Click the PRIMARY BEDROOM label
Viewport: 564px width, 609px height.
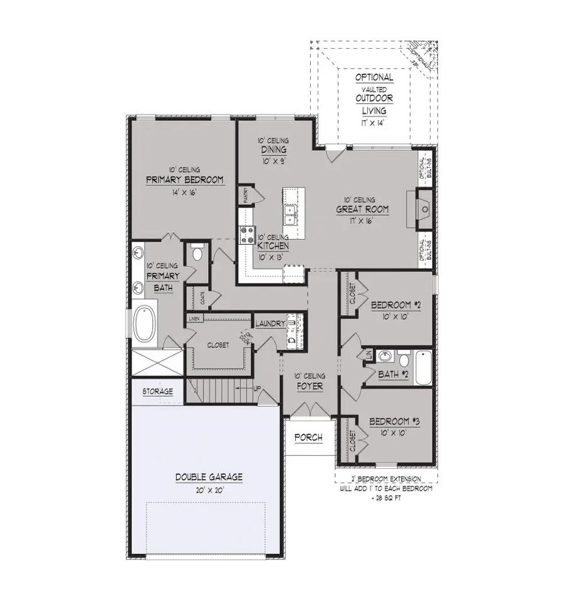(184, 180)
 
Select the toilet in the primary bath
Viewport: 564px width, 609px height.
(198, 253)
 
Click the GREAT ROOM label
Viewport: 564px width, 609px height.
(362, 210)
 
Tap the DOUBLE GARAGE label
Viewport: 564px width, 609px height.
(209, 477)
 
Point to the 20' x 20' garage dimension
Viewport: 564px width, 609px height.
(209, 489)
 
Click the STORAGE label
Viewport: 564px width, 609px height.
(157, 392)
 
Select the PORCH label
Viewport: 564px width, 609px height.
(308, 438)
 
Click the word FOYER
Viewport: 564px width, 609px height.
(310, 387)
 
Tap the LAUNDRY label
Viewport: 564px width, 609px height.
(270, 324)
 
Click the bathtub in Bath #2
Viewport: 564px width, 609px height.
(422, 365)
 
